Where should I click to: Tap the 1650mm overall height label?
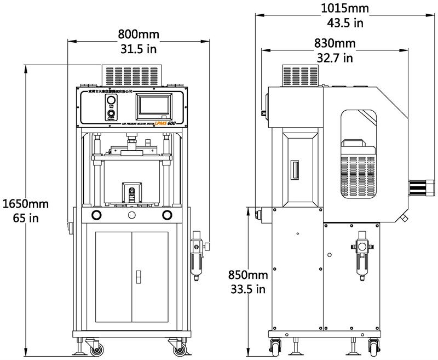[x=26, y=204]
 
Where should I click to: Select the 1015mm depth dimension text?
[x=345, y=9]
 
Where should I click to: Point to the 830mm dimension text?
[x=335, y=43]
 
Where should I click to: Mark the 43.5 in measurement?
[x=345, y=23]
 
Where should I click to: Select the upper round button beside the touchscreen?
[x=111, y=101]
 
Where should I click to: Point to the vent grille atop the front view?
[x=135, y=75]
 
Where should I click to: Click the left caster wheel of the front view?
[x=96, y=347]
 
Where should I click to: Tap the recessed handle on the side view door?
[x=296, y=170]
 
